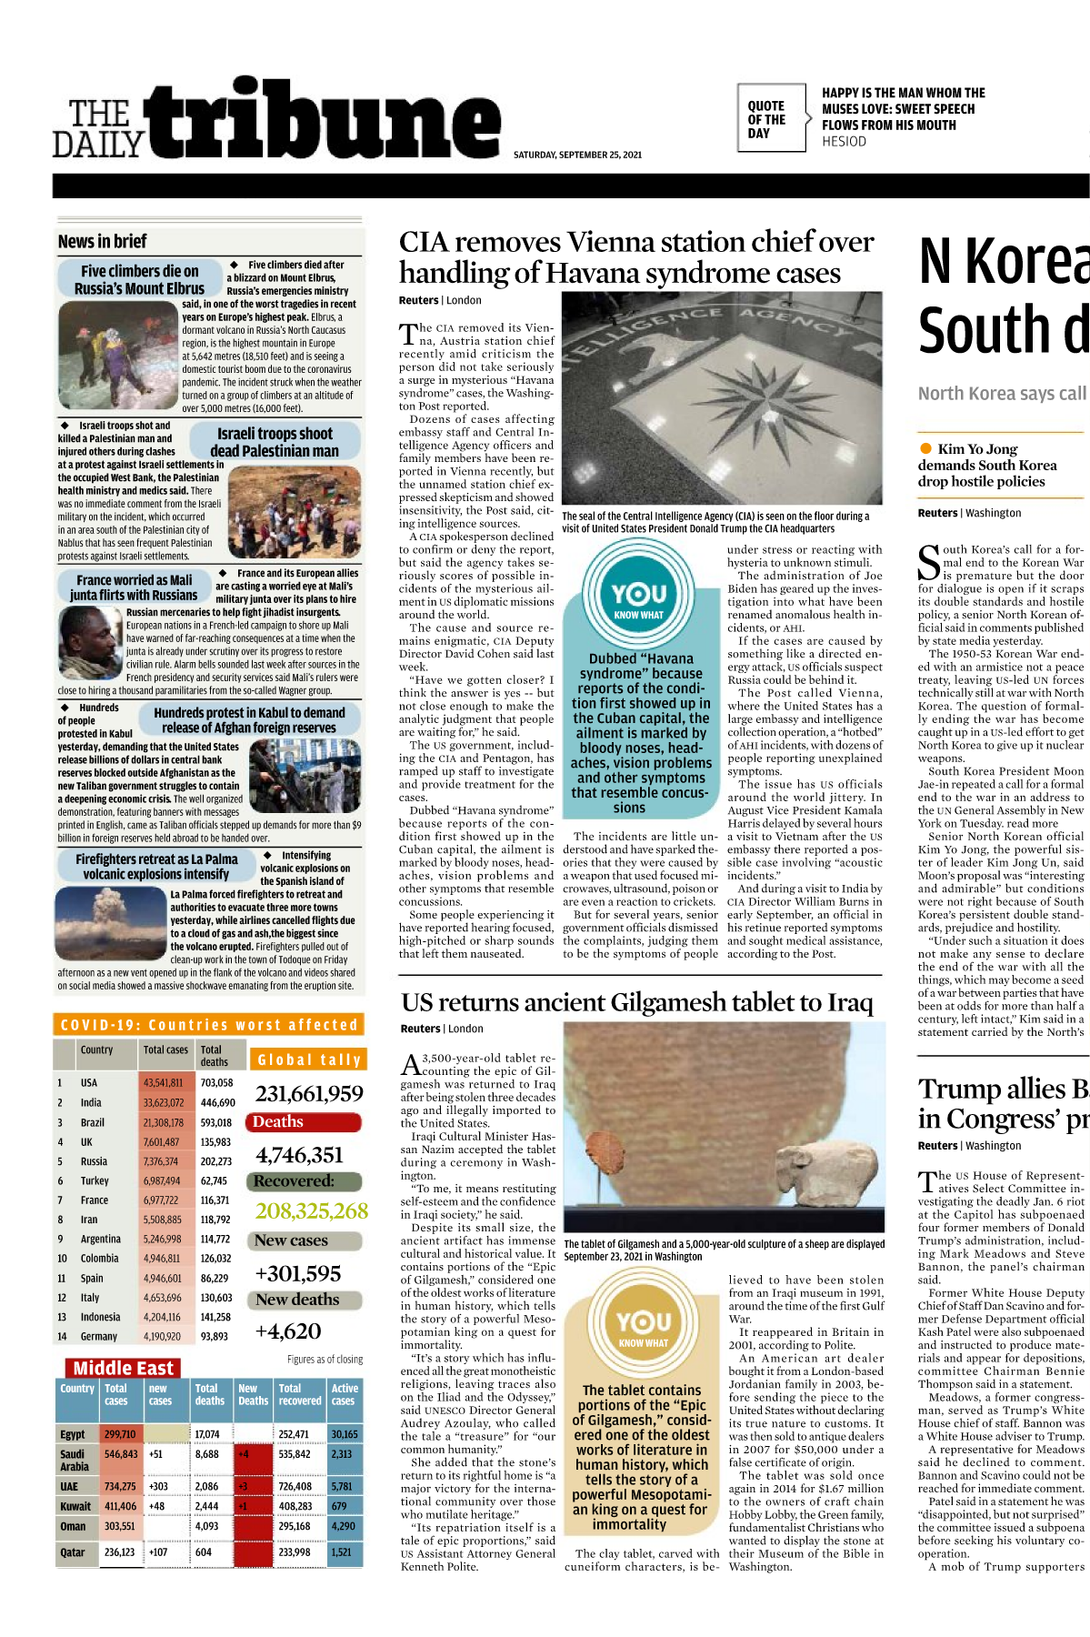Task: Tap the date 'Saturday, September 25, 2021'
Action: tap(577, 155)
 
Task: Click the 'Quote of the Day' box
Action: tap(769, 119)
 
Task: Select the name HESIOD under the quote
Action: tap(844, 142)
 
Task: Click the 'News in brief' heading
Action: tap(102, 241)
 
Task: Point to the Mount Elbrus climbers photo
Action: tap(117, 356)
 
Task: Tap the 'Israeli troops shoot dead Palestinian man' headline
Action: tap(275, 442)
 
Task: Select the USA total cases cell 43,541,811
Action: tap(163, 1082)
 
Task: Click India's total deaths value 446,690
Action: tap(217, 1102)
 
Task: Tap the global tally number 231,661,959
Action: tap(309, 1094)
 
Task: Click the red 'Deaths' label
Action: tap(278, 1122)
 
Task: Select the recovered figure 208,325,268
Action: tap(311, 1211)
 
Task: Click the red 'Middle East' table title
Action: tap(123, 1368)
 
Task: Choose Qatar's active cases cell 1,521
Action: tap(342, 1552)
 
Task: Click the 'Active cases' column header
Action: tap(345, 1394)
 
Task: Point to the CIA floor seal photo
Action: tap(722, 398)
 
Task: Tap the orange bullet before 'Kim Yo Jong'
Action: tap(925, 448)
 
